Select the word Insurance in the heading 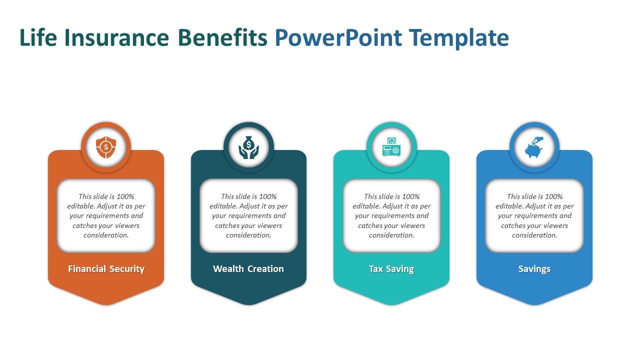(x=117, y=37)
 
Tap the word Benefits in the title (x=222, y=37)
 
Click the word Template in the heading (x=459, y=38)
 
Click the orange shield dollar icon (x=106, y=147)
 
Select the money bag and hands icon (x=248, y=147)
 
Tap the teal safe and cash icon (x=391, y=147)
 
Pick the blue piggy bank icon (x=534, y=147)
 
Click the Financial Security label (x=106, y=269)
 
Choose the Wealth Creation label (x=248, y=269)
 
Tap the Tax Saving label (x=391, y=269)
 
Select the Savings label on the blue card (x=534, y=269)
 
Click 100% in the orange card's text (x=125, y=196)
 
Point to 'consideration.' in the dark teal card (x=248, y=235)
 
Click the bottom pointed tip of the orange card (x=106, y=304)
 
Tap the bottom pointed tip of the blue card (x=534, y=304)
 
